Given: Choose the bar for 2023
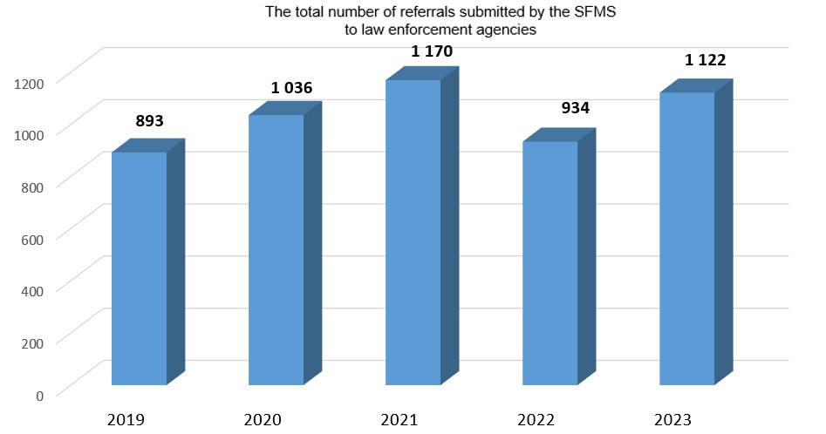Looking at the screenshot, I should point(686,239).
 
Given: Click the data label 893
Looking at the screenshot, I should point(150,121).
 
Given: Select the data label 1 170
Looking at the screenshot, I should point(432,52).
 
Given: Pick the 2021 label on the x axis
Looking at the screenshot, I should point(401,420).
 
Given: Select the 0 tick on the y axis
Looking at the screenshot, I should point(39,395).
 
